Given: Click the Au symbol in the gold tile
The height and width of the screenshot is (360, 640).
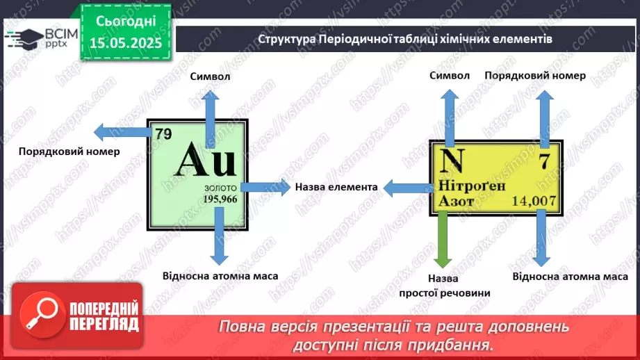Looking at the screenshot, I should click(x=206, y=163).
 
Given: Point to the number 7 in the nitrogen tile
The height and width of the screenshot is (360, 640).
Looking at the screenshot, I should click(x=544, y=163).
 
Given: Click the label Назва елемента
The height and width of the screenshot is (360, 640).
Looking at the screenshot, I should click(x=336, y=187).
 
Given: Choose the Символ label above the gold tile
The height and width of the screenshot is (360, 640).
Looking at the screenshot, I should click(x=209, y=76).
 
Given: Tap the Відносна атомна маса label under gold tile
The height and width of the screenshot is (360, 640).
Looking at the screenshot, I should click(x=220, y=276).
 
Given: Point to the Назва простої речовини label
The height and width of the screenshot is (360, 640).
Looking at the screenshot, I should click(x=445, y=285).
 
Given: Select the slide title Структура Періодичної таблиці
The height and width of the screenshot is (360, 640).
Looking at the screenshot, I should click(x=405, y=39).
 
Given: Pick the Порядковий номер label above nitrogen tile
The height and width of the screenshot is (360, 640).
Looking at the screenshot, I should click(x=535, y=75).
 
